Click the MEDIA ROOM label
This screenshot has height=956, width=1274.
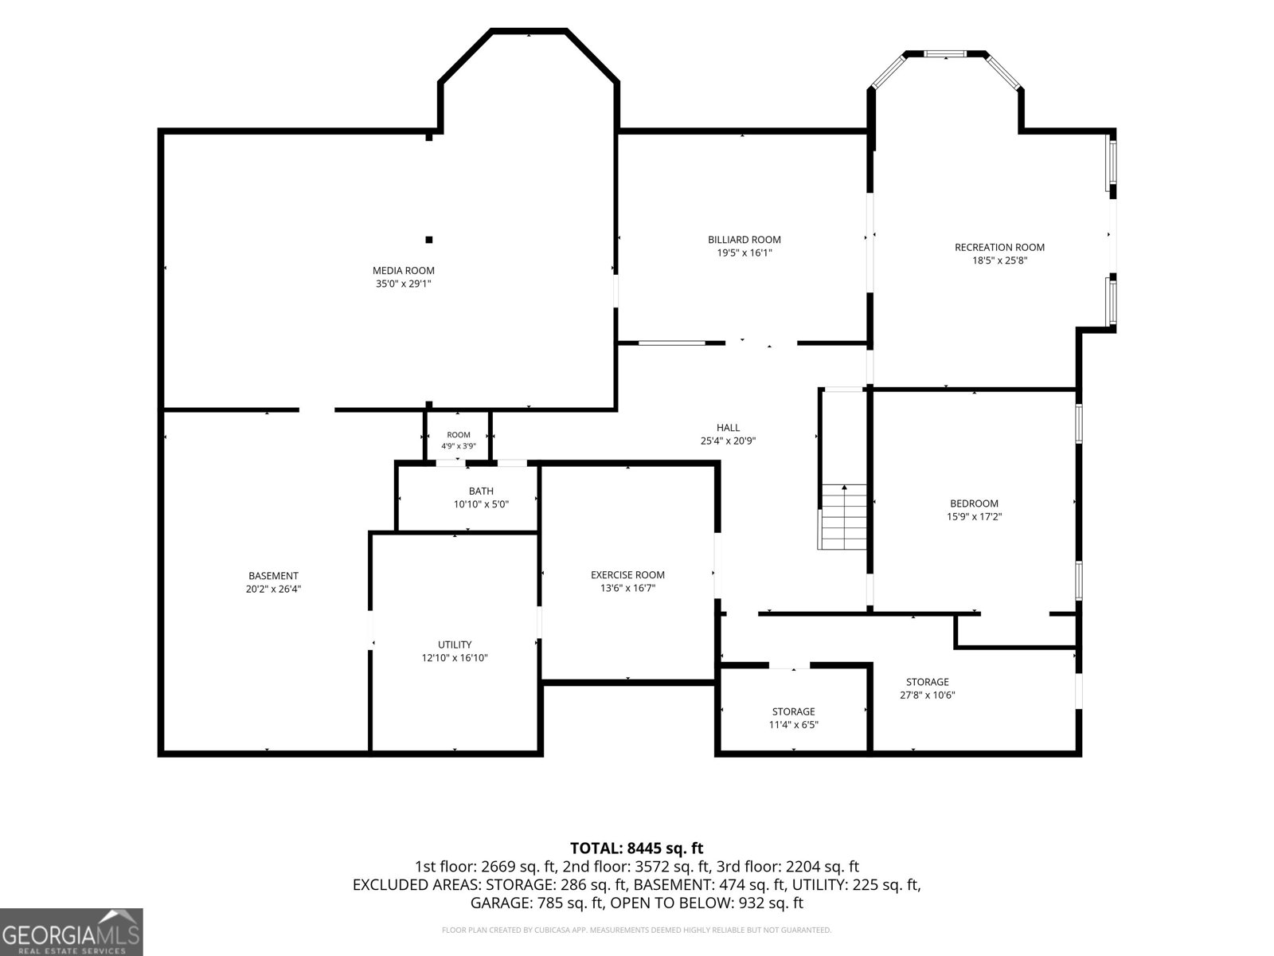(x=404, y=271)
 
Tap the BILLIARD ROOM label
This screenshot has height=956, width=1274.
(x=744, y=240)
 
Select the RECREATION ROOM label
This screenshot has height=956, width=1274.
(x=999, y=247)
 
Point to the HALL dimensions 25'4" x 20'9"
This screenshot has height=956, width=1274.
(x=728, y=441)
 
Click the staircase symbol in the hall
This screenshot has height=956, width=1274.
(x=842, y=516)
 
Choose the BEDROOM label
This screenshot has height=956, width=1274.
(x=974, y=503)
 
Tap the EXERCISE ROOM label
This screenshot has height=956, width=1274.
(x=627, y=575)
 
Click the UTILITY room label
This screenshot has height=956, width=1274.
(x=455, y=645)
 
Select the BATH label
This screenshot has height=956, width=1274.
(x=481, y=491)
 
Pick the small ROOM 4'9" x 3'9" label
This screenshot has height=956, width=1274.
(x=459, y=441)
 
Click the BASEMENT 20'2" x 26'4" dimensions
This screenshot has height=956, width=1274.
(x=273, y=590)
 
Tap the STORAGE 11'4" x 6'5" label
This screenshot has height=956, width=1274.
(x=793, y=718)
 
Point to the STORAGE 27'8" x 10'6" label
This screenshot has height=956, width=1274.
(x=928, y=688)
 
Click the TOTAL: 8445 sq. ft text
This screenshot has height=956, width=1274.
(x=637, y=848)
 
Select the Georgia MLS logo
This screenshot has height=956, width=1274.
(x=72, y=932)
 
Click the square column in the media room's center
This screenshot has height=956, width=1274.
(x=429, y=240)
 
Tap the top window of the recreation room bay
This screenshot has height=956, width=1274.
(x=945, y=54)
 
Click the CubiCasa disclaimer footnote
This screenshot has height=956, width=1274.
(x=637, y=930)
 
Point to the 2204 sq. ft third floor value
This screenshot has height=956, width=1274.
(x=823, y=867)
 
